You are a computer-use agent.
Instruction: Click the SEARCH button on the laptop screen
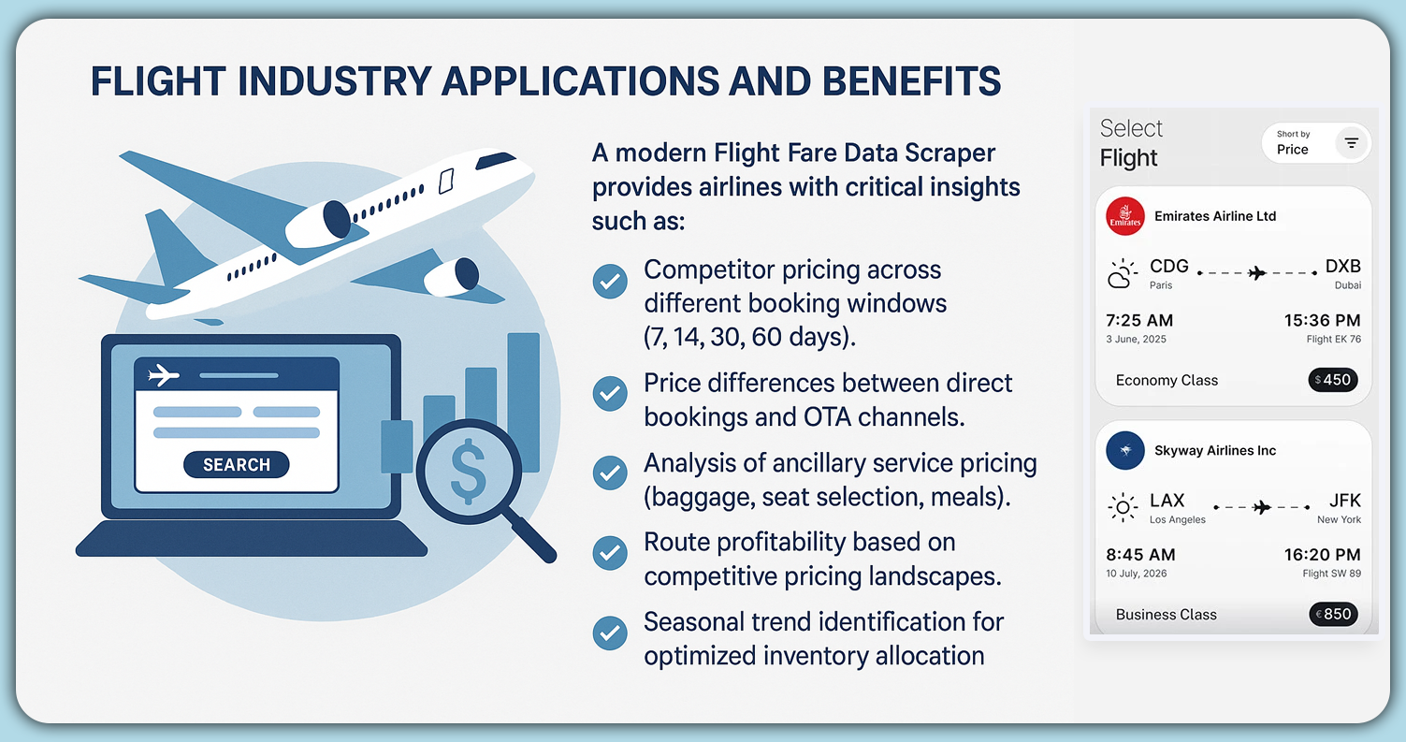pyautogui.click(x=237, y=465)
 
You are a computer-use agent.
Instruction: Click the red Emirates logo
pyautogui.click(x=1124, y=216)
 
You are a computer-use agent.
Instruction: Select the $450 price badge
pyautogui.click(x=1332, y=380)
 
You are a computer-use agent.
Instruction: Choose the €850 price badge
pyautogui.click(x=1332, y=615)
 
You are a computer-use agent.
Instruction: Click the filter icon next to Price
pyautogui.click(x=1352, y=143)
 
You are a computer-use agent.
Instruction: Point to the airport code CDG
pyautogui.click(x=1168, y=267)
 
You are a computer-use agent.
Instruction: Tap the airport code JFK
pyautogui.click(x=1344, y=502)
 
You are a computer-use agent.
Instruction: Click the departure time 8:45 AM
pyautogui.click(x=1139, y=555)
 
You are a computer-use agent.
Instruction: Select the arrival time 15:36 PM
pyautogui.click(x=1322, y=321)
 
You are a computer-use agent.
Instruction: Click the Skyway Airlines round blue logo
pyautogui.click(x=1124, y=451)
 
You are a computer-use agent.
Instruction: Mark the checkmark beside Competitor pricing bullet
pyautogui.click(x=610, y=281)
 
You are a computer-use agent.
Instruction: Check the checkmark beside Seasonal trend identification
pyautogui.click(x=610, y=633)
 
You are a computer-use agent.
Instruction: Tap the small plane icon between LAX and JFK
pyautogui.click(x=1261, y=507)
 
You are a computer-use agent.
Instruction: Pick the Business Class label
pyautogui.click(x=1166, y=615)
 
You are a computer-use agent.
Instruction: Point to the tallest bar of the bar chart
pyautogui.click(x=523, y=402)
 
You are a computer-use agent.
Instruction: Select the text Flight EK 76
pyautogui.click(x=1333, y=340)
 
